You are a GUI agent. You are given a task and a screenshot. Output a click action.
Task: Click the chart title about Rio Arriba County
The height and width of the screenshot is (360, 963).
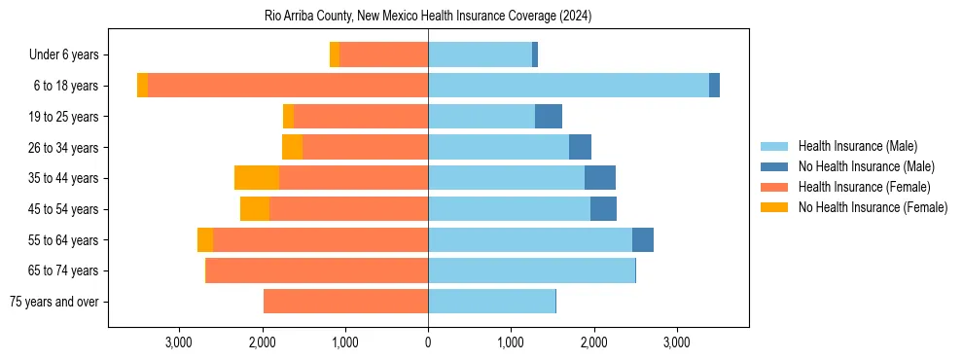pyautogui.click(x=428, y=17)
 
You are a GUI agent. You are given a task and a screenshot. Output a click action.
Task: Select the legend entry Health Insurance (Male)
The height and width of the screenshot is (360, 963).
pyautogui.click(x=856, y=146)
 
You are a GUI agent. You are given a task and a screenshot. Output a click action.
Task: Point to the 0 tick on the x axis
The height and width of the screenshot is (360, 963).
pyautogui.click(x=428, y=342)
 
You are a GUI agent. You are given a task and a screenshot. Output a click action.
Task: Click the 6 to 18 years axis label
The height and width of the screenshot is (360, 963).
pyautogui.click(x=65, y=86)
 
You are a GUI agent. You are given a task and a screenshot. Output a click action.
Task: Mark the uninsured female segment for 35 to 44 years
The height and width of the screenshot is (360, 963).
pyautogui.click(x=257, y=178)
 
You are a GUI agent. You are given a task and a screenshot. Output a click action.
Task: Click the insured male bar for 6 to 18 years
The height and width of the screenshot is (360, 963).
pyautogui.click(x=568, y=86)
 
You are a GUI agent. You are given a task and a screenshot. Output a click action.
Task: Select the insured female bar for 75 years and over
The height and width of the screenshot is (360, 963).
pyautogui.click(x=345, y=302)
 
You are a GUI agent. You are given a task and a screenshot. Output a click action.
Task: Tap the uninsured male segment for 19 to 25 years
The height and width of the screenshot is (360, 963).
pyautogui.click(x=549, y=117)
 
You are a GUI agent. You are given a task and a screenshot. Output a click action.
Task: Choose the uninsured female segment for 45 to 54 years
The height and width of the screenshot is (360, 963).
pyautogui.click(x=255, y=209)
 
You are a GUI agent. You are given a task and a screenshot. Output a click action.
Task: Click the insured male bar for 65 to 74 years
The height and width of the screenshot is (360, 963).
pyautogui.click(x=531, y=270)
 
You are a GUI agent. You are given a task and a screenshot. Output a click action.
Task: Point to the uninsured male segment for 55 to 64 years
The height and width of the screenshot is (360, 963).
pyautogui.click(x=643, y=239)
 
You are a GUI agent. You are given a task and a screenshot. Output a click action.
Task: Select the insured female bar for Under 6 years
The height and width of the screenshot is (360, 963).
pyautogui.click(x=383, y=55)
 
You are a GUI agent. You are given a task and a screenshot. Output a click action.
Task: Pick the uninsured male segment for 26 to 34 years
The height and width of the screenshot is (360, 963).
pyautogui.click(x=580, y=148)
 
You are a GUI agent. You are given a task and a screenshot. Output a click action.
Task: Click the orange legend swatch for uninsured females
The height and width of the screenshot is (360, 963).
pyautogui.click(x=775, y=207)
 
